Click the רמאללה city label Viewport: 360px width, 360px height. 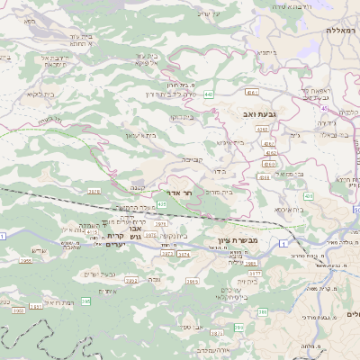tap(342, 30)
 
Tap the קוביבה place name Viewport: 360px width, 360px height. tap(193, 159)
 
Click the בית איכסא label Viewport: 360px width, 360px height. tap(288, 209)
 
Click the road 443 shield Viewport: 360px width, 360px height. tap(208, 93)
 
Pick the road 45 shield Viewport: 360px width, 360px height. tap(322, 109)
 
